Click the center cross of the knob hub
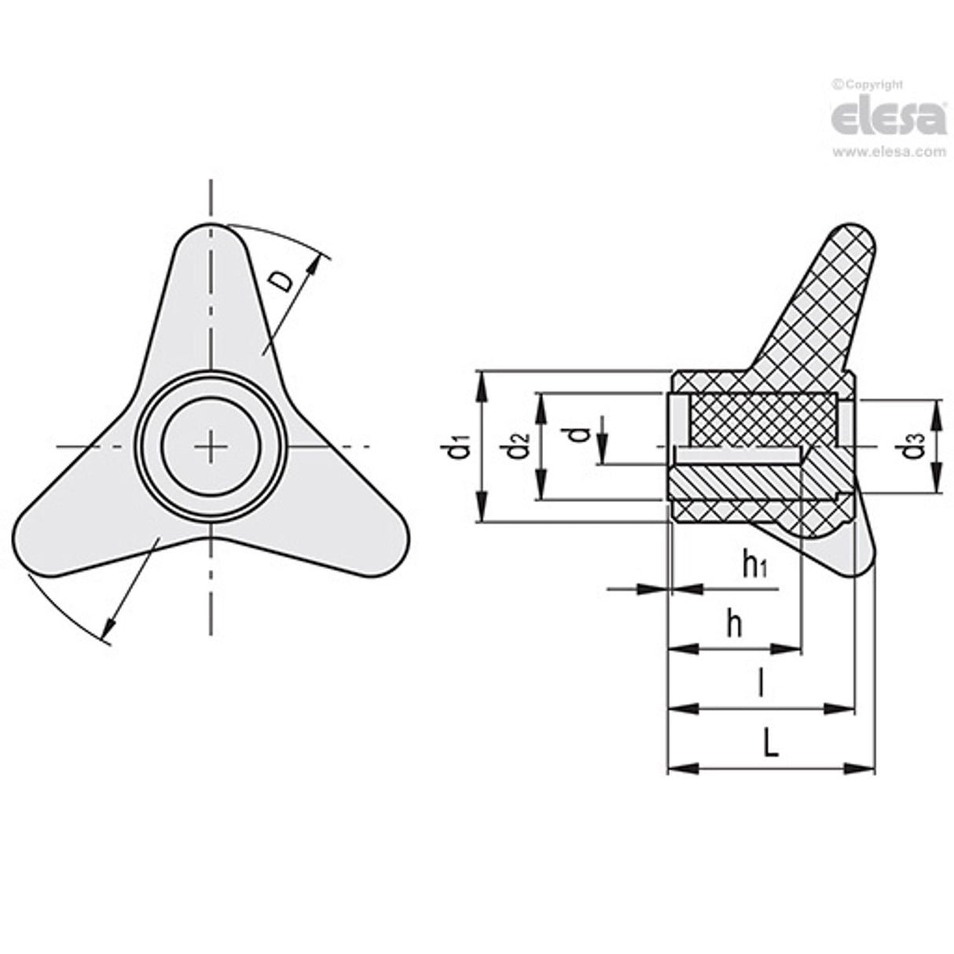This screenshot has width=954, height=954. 211,446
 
